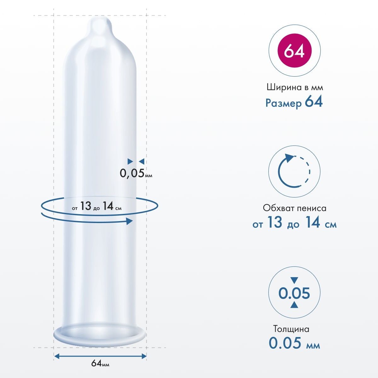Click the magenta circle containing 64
click(x=294, y=51)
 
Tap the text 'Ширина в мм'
click(x=295, y=87)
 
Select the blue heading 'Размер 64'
click(x=294, y=102)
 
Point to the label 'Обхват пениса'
click(x=295, y=208)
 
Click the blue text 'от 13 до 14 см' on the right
click(x=295, y=223)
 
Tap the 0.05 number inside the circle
click(x=294, y=293)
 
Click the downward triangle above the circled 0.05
click(x=294, y=280)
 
